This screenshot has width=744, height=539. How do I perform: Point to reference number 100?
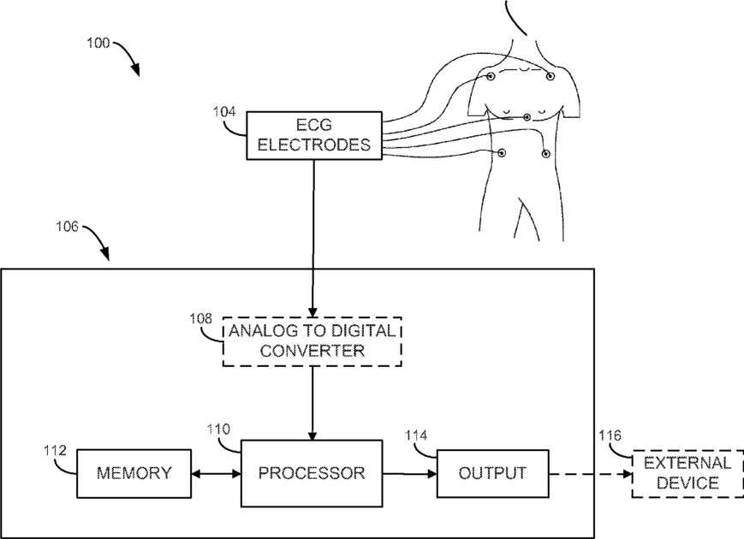[x=98, y=43]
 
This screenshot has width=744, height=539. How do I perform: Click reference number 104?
[x=224, y=112]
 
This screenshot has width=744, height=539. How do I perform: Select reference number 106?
[x=68, y=227]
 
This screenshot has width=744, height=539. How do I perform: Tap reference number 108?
[x=200, y=318]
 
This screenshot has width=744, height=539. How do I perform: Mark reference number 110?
[x=218, y=429]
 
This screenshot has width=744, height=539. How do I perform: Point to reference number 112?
[x=55, y=450]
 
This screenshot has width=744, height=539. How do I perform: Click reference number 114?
[x=415, y=435]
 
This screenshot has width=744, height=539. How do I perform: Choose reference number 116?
[x=610, y=435]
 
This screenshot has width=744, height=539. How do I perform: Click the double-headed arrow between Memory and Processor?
[x=217, y=473]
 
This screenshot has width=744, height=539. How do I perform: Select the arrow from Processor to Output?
[x=409, y=473]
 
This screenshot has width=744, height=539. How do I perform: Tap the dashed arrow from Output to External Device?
[x=590, y=474]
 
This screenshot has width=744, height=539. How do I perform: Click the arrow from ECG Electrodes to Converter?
[x=313, y=239]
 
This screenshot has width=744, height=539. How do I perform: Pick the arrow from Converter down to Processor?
[x=312, y=404]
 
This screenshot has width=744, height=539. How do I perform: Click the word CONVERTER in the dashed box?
[x=312, y=352]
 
